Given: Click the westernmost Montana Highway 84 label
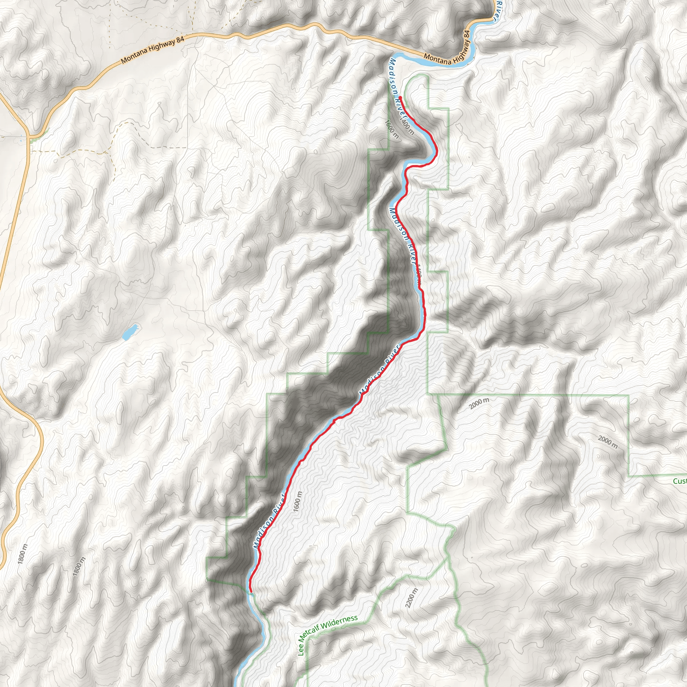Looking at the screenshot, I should click(153, 49).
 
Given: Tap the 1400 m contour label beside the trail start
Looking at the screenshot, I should click(408, 127).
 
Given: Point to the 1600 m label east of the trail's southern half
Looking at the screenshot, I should click(298, 502).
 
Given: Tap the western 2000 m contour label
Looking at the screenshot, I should click(479, 403).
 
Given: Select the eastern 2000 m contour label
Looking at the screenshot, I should click(608, 442).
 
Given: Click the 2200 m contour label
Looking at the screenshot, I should click(411, 598).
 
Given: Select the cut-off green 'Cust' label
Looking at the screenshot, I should click(680, 481).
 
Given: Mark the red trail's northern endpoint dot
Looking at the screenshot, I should click(400, 97).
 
